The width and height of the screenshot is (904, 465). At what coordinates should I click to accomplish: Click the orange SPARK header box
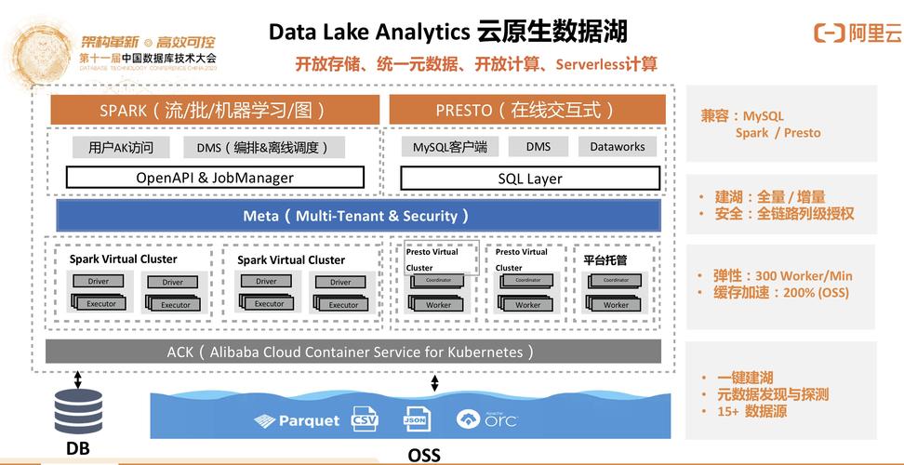(213, 110)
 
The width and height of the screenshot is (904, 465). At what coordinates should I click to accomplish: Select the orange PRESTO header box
(527, 110)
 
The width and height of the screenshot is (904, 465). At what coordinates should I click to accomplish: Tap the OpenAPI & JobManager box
(215, 177)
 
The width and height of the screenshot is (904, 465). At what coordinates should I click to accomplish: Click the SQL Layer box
(530, 178)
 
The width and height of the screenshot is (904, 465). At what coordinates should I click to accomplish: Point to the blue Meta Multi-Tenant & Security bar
(357, 216)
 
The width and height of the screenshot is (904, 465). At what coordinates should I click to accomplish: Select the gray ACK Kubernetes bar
(352, 352)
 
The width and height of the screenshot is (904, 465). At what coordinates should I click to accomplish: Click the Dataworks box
(617, 146)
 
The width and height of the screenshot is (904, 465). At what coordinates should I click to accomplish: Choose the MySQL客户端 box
(450, 147)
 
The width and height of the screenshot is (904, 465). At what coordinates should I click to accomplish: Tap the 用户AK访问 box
(121, 147)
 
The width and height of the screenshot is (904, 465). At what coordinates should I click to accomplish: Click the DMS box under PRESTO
(538, 146)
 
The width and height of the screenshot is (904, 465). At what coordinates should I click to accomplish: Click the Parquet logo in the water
(297, 421)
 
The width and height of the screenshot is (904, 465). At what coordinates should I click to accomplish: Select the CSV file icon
(365, 419)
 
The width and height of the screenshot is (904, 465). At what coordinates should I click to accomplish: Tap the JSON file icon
(416, 419)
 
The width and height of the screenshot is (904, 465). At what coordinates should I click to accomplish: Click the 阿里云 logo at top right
(857, 34)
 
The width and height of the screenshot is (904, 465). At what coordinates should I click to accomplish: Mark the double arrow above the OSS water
(434, 383)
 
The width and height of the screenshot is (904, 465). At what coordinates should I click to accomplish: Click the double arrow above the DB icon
(78, 379)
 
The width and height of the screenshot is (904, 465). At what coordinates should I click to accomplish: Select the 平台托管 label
(605, 259)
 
